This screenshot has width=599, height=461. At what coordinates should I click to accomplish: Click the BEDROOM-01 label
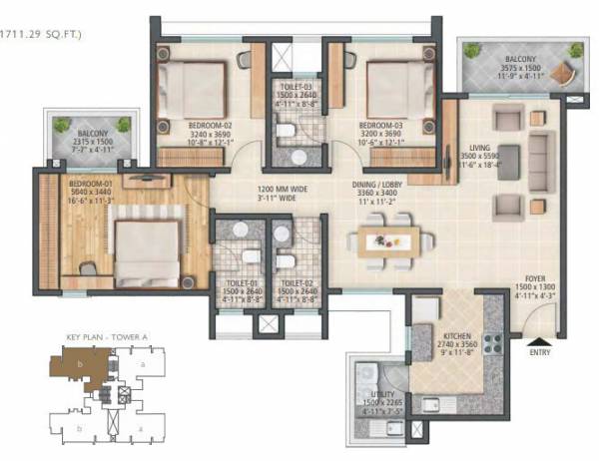coord(90,184)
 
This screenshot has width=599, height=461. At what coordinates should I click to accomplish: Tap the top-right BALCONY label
coord(509,59)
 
